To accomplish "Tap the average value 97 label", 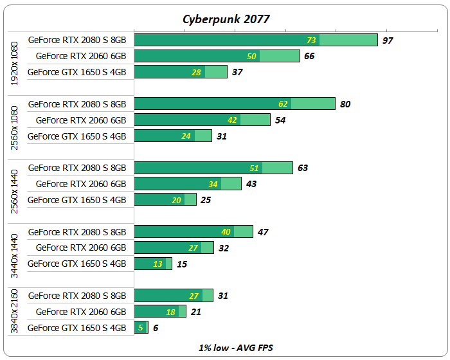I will (387, 40).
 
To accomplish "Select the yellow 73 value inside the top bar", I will (311, 40).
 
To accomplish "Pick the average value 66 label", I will (309, 57).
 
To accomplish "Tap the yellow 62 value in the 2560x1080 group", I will (283, 104).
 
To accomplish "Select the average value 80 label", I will (345, 104).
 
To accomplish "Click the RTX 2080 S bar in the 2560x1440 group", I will (212, 168).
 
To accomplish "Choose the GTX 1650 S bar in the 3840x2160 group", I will (141, 328).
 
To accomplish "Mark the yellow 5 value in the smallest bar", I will (141, 328).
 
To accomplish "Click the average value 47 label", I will (262, 232).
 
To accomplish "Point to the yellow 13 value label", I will (157, 264).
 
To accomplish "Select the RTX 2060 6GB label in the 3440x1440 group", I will (81, 248).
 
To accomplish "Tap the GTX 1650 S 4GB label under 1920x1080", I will (77, 72).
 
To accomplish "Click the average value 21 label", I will (195, 312).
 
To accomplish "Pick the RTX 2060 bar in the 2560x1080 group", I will (201, 120).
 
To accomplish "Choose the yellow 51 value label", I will (254, 168).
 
